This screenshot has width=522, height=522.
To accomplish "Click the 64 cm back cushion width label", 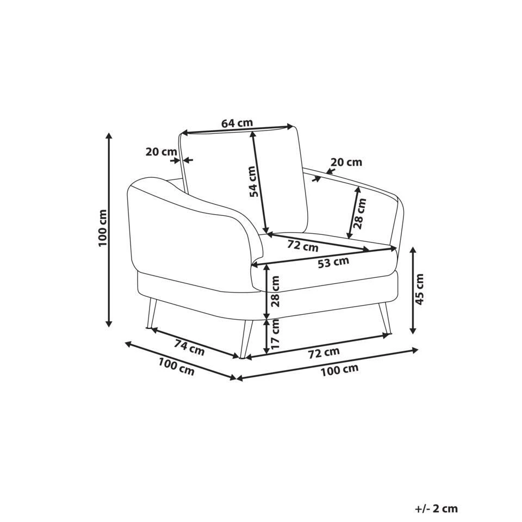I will (237, 123).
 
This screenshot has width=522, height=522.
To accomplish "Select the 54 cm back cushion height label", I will (253, 181).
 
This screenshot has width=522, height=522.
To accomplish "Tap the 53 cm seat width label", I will (333, 263).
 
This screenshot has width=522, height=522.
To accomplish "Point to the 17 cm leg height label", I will (276, 334).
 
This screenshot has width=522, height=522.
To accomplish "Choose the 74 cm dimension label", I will (189, 347).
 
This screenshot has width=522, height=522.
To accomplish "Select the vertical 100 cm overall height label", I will (103, 228).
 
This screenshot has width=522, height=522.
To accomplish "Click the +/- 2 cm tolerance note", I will (436, 509).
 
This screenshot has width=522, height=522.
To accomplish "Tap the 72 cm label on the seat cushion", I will (303, 246).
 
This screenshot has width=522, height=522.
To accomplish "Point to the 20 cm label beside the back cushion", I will (161, 152).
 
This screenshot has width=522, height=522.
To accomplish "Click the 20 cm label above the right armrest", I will (346, 162).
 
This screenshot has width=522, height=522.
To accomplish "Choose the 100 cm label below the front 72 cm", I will (339, 370).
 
